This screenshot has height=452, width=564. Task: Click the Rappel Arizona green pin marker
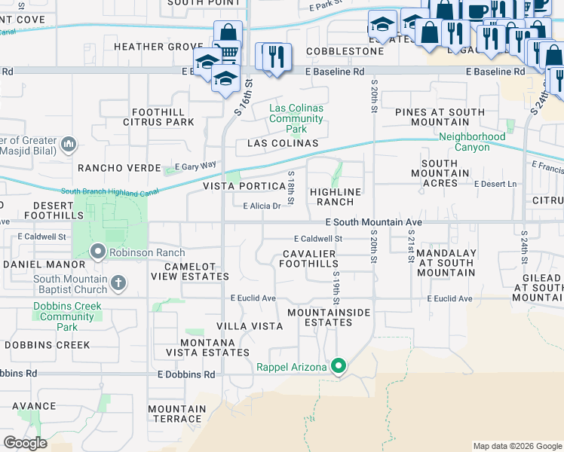[x=339, y=367]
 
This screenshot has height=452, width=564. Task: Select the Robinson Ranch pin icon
[x=98, y=252]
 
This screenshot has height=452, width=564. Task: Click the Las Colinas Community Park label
[x=296, y=118]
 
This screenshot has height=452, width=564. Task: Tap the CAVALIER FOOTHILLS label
[x=308, y=259]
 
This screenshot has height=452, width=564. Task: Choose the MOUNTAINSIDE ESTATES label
[x=320, y=317]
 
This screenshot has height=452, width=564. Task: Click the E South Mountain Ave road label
[x=372, y=223]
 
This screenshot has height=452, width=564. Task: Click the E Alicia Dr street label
[x=262, y=206]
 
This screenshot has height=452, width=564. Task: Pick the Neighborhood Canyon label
[x=472, y=142]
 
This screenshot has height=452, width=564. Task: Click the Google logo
[x=25, y=443]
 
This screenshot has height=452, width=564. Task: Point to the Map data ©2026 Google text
[x=516, y=446]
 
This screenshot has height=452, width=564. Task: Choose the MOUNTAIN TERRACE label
[x=176, y=414]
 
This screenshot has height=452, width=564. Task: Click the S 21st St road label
[x=411, y=249]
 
